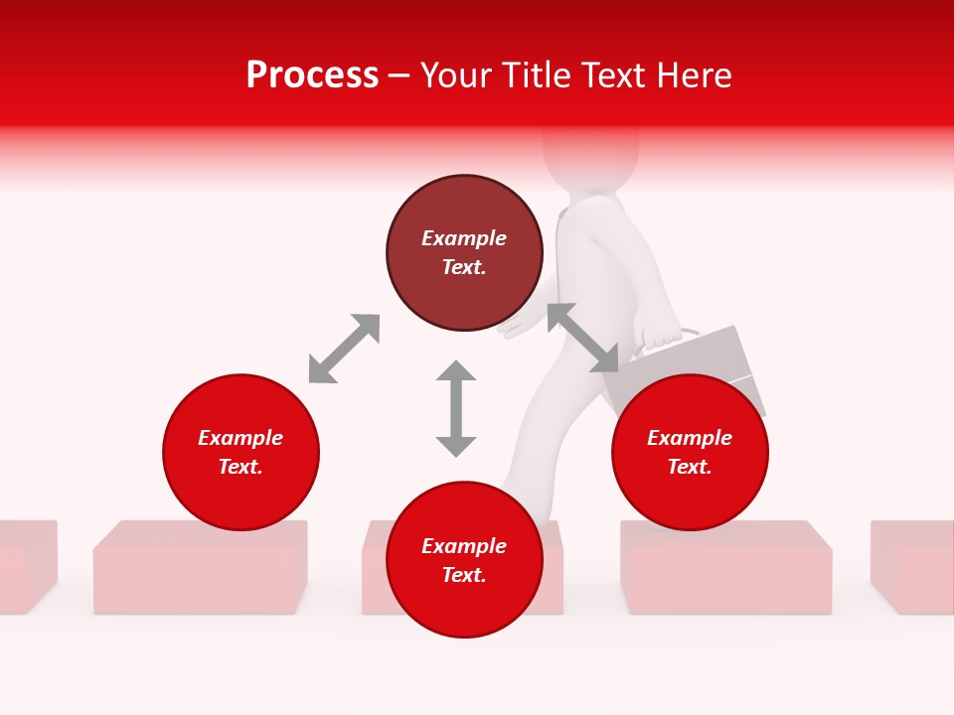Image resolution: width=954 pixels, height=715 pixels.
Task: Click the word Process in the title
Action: coord(312,75)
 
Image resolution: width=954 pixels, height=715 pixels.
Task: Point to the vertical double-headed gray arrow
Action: coord(456,408)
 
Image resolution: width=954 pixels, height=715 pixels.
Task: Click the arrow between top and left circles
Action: coord(344,349)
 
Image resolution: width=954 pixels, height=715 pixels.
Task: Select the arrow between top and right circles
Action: coord(582,338)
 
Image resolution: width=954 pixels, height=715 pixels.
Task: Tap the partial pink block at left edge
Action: coord(25,566)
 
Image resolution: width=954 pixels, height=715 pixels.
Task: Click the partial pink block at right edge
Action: coord(912,566)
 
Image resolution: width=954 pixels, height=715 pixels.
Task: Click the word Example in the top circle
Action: coord(464,238)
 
